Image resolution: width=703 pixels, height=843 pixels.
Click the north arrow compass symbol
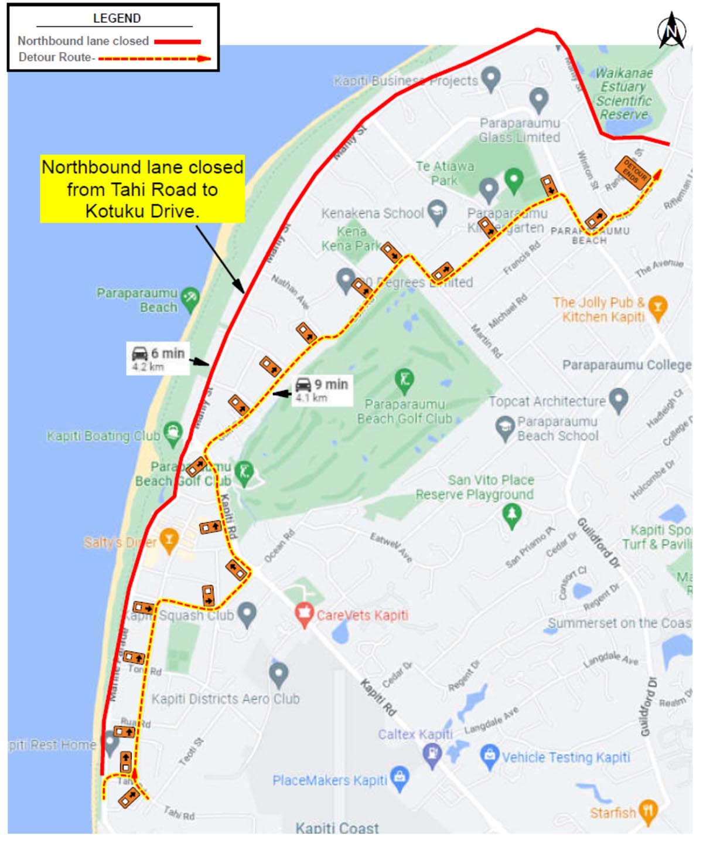(x=671, y=30)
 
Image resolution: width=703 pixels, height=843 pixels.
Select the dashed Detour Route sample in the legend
(x=153, y=59)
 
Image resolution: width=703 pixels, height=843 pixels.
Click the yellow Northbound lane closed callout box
(x=142, y=189)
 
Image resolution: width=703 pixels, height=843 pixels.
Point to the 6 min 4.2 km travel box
(x=158, y=359)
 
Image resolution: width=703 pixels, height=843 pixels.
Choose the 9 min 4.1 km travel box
(x=322, y=390)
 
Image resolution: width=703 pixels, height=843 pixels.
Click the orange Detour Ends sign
(x=632, y=173)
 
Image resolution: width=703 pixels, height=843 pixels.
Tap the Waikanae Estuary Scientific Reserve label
(x=624, y=94)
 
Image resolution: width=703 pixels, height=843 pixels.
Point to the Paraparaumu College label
(x=626, y=365)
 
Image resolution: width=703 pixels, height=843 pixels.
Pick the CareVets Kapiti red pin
(x=303, y=614)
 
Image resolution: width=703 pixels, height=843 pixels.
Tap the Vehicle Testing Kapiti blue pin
(x=489, y=756)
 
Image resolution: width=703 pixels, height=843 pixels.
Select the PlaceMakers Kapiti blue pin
(x=400, y=779)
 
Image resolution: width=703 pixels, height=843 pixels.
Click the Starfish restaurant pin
(x=648, y=811)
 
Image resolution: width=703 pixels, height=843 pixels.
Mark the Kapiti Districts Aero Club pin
(x=278, y=674)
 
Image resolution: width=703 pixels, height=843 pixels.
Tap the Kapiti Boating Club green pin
(x=172, y=433)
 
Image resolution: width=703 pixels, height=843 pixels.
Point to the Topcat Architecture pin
(x=618, y=399)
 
